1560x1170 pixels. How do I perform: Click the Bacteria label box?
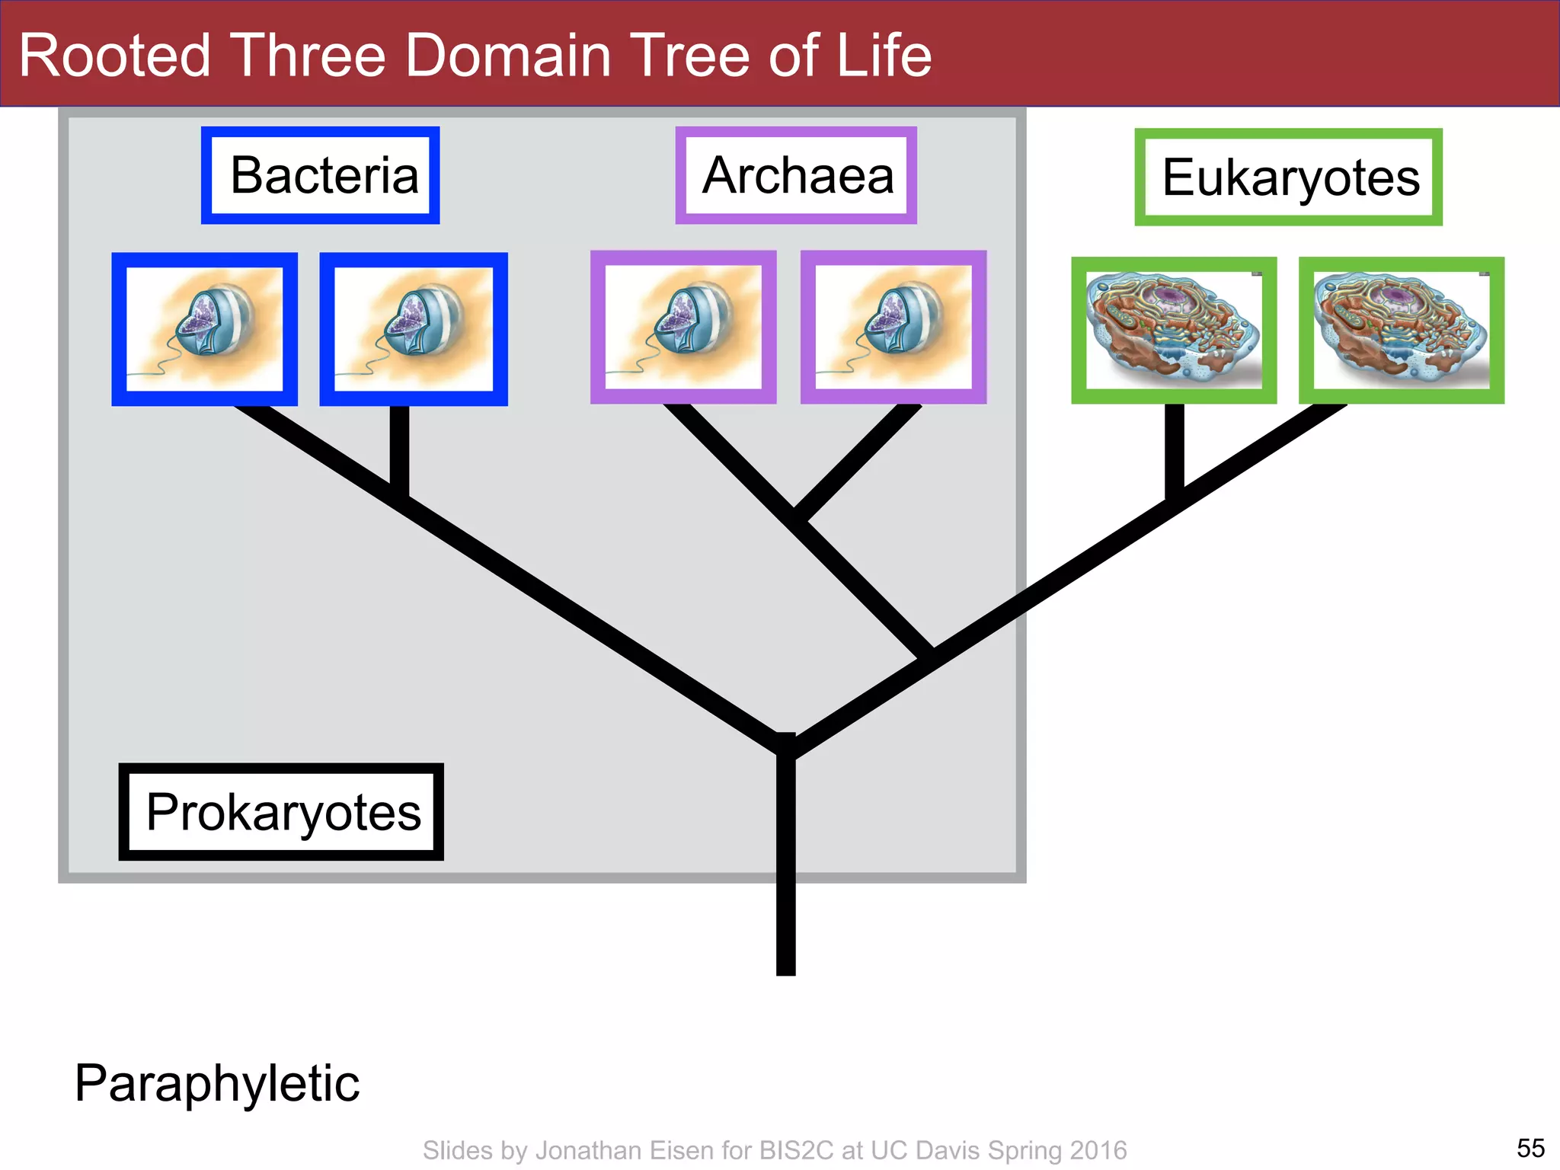(321, 176)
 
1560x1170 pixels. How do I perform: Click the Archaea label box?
(796, 176)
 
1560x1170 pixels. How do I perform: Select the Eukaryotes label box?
(1288, 177)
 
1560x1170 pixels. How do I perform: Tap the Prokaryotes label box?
(281, 812)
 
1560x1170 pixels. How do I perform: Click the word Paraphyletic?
(217, 1082)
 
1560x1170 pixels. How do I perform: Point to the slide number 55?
(1530, 1148)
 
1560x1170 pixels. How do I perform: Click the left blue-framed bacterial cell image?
(204, 329)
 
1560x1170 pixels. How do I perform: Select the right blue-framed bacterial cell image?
(414, 329)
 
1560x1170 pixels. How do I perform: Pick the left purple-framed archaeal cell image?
(683, 328)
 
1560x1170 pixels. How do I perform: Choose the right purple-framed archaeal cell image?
(893, 328)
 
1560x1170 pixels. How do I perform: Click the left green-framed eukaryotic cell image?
(1174, 331)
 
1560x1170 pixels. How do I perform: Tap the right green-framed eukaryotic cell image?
(1402, 331)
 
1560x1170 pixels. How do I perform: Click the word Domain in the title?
(508, 56)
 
